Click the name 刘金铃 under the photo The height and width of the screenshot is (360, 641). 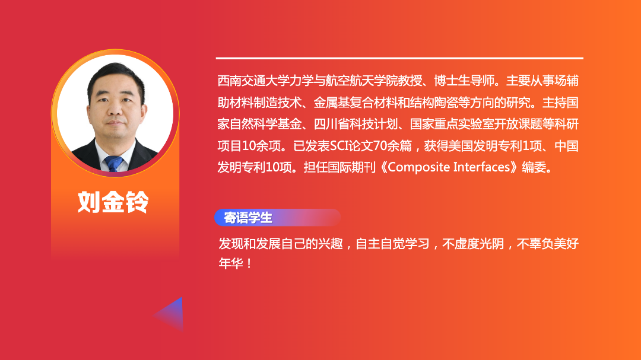click(x=113, y=202)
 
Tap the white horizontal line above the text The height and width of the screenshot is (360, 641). click(x=399, y=59)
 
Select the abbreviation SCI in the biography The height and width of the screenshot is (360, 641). click(x=338, y=145)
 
